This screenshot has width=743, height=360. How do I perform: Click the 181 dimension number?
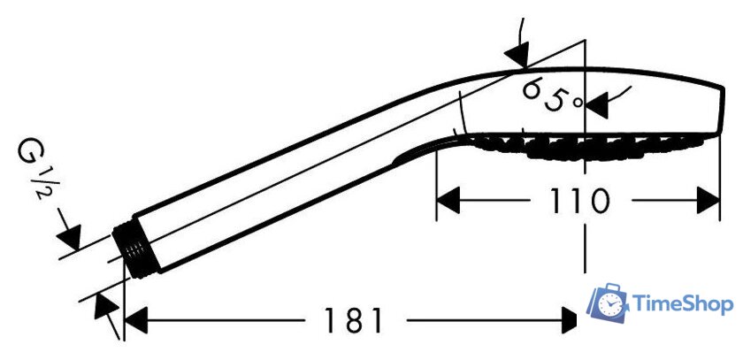point(353,320)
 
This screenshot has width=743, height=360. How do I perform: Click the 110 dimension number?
point(578,201)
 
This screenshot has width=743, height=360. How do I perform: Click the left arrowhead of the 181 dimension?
point(136,320)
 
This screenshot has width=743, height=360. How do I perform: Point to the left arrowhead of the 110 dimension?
point(448,200)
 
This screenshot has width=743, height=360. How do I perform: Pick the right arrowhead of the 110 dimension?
point(709,200)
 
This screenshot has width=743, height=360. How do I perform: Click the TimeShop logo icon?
point(609,303)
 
